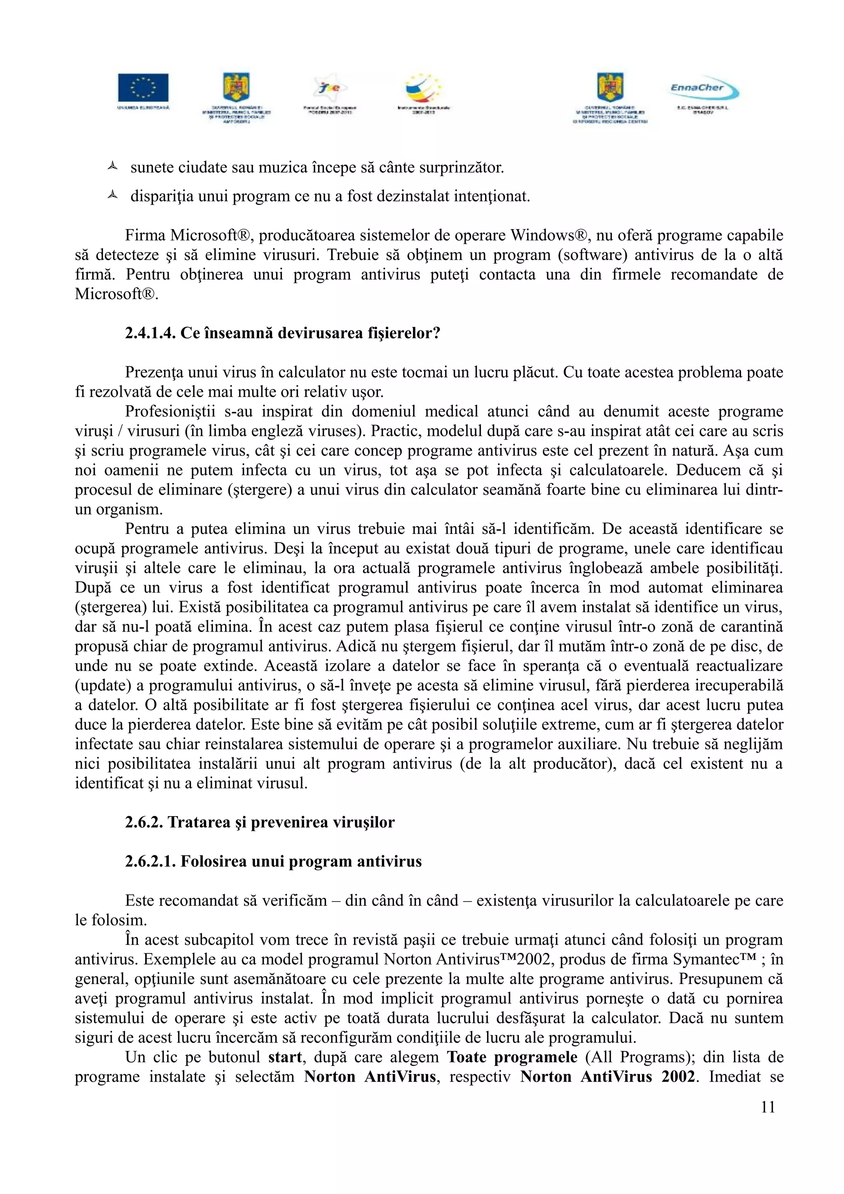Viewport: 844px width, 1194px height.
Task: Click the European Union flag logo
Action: tap(143, 87)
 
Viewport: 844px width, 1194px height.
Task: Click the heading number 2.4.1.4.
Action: tap(150, 333)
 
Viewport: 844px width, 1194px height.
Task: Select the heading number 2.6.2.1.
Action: tap(150, 861)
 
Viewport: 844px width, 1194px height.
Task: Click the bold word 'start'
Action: tap(285, 1057)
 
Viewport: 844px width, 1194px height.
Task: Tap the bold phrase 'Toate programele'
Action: tap(512, 1057)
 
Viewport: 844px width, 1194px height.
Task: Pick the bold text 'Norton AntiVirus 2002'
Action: tap(607, 1077)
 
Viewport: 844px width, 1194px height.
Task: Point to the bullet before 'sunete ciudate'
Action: tap(112, 167)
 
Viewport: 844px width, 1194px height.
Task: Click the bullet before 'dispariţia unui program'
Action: tap(112, 196)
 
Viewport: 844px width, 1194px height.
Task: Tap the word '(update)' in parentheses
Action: tap(103, 686)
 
